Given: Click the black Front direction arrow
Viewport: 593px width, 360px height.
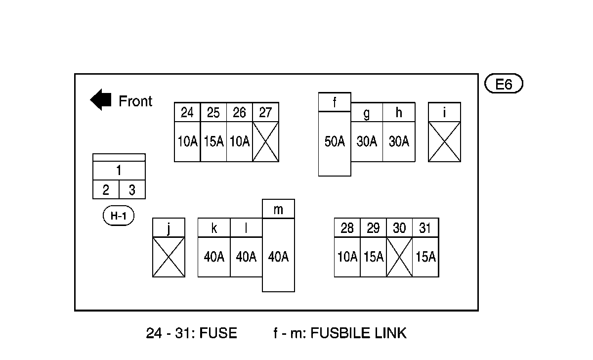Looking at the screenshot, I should click(x=100, y=100).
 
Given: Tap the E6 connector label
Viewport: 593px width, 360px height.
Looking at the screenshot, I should click(x=504, y=85).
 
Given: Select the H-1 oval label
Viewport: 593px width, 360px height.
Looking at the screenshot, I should click(x=118, y=216).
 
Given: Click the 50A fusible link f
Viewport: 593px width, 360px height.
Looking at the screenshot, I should click(x=335, y=142).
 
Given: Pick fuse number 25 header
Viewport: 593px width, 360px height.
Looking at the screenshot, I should click(x=213, y=112).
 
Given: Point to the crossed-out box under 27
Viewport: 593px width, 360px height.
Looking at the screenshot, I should click(x=266, y=141).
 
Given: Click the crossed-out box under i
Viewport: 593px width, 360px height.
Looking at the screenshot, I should click(x=444, y=141).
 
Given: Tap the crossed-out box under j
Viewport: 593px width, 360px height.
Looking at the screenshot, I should click(x=169, y=257).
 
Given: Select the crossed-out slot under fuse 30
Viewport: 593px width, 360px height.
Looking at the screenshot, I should click(x=399, y=257).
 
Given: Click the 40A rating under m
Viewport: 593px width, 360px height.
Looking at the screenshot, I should click(x=278, y=257).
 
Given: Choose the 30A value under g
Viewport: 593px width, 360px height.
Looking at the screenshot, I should click(x=367, y=142).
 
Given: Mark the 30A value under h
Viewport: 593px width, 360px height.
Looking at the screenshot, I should click(x=399, y=142).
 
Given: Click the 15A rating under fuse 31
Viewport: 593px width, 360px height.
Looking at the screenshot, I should click(x=425, y=257).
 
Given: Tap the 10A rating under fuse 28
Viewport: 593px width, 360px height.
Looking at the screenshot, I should click(x=347, y=257).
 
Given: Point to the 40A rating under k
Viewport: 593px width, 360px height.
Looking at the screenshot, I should click(x=214, y=257).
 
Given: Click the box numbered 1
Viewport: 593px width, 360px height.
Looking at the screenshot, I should click(x=119, y=171).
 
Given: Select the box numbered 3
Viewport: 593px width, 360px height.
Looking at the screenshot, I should click(x=132, y=190).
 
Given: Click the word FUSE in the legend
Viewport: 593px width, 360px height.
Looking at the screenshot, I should click(x=218, y=333).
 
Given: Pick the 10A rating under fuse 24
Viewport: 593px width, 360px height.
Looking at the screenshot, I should click(x=187, y=142).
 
